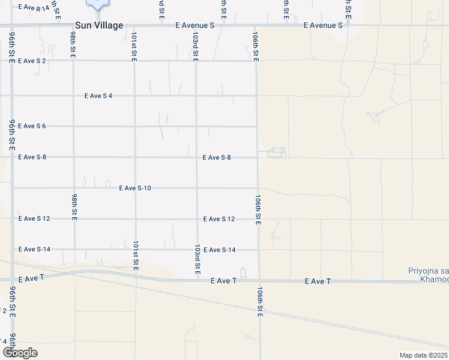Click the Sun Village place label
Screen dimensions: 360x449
pos(99,26)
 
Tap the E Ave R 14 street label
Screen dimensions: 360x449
pos(34,7)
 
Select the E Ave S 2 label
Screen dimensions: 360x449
pos(32,61)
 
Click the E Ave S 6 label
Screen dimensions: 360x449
pos(32,126)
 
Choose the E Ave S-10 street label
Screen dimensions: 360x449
pos(135,188)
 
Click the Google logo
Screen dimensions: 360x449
pos(20,353)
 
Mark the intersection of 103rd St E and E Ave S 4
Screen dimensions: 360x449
pos(196,95)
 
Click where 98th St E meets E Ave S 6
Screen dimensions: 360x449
pos(74,126)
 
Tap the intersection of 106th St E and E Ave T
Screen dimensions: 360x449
pos(259,281)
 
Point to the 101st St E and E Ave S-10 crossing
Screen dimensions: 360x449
pos(135,188)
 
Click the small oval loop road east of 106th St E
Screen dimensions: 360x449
pos(276,152)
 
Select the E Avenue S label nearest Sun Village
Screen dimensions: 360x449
pos(195,26)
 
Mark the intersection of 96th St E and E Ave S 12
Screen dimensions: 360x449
pos(13,218)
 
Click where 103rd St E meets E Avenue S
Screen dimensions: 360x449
pos(195,26)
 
